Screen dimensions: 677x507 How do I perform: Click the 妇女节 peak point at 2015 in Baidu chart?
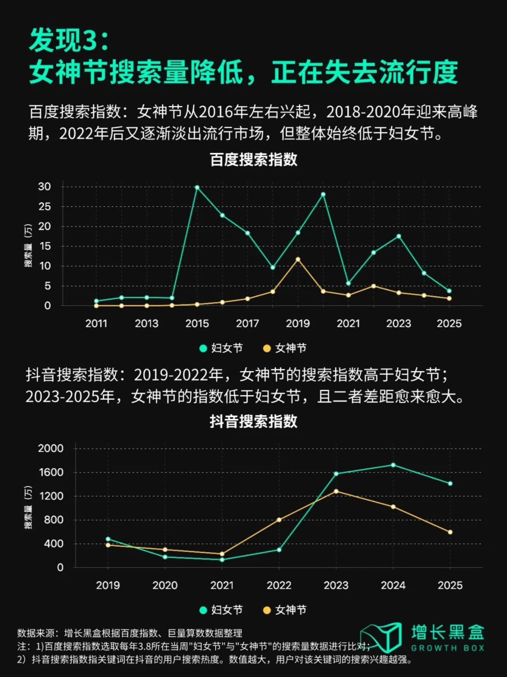click(x=197, y=188)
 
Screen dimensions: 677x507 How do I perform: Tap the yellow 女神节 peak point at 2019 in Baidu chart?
click(x=298, y=260)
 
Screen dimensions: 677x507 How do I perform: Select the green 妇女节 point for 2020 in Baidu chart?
click(x=323, y=194)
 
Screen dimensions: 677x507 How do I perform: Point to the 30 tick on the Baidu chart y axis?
click(x=45, y=187)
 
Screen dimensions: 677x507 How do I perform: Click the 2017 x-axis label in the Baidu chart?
click(x=247, y=323)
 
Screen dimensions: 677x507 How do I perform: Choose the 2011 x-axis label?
click(x=96, y=323)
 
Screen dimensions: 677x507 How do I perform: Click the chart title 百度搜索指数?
click(x=253, y=160)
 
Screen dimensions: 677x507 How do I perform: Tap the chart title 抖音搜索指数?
click(x=253, y=421)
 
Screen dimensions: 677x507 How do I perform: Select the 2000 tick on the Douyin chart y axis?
click(x=51, y=448)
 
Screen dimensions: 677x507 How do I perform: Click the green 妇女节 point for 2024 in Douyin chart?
click(x=393, y=465)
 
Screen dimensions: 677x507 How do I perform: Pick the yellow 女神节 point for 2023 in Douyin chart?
click(x=336, y=491)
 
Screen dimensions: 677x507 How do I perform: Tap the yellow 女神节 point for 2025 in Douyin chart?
click(x=450, y=532)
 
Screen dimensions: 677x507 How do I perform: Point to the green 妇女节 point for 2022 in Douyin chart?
click(x=279, y=550)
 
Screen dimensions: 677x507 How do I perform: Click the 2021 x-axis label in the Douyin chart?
click(x=222, y=585)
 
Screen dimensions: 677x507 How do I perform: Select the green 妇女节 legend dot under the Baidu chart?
click(x=203, y=349)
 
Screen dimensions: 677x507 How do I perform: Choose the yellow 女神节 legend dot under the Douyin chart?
click(x=267, y=610)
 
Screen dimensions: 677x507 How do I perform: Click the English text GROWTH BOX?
click(x=448, y=648)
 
